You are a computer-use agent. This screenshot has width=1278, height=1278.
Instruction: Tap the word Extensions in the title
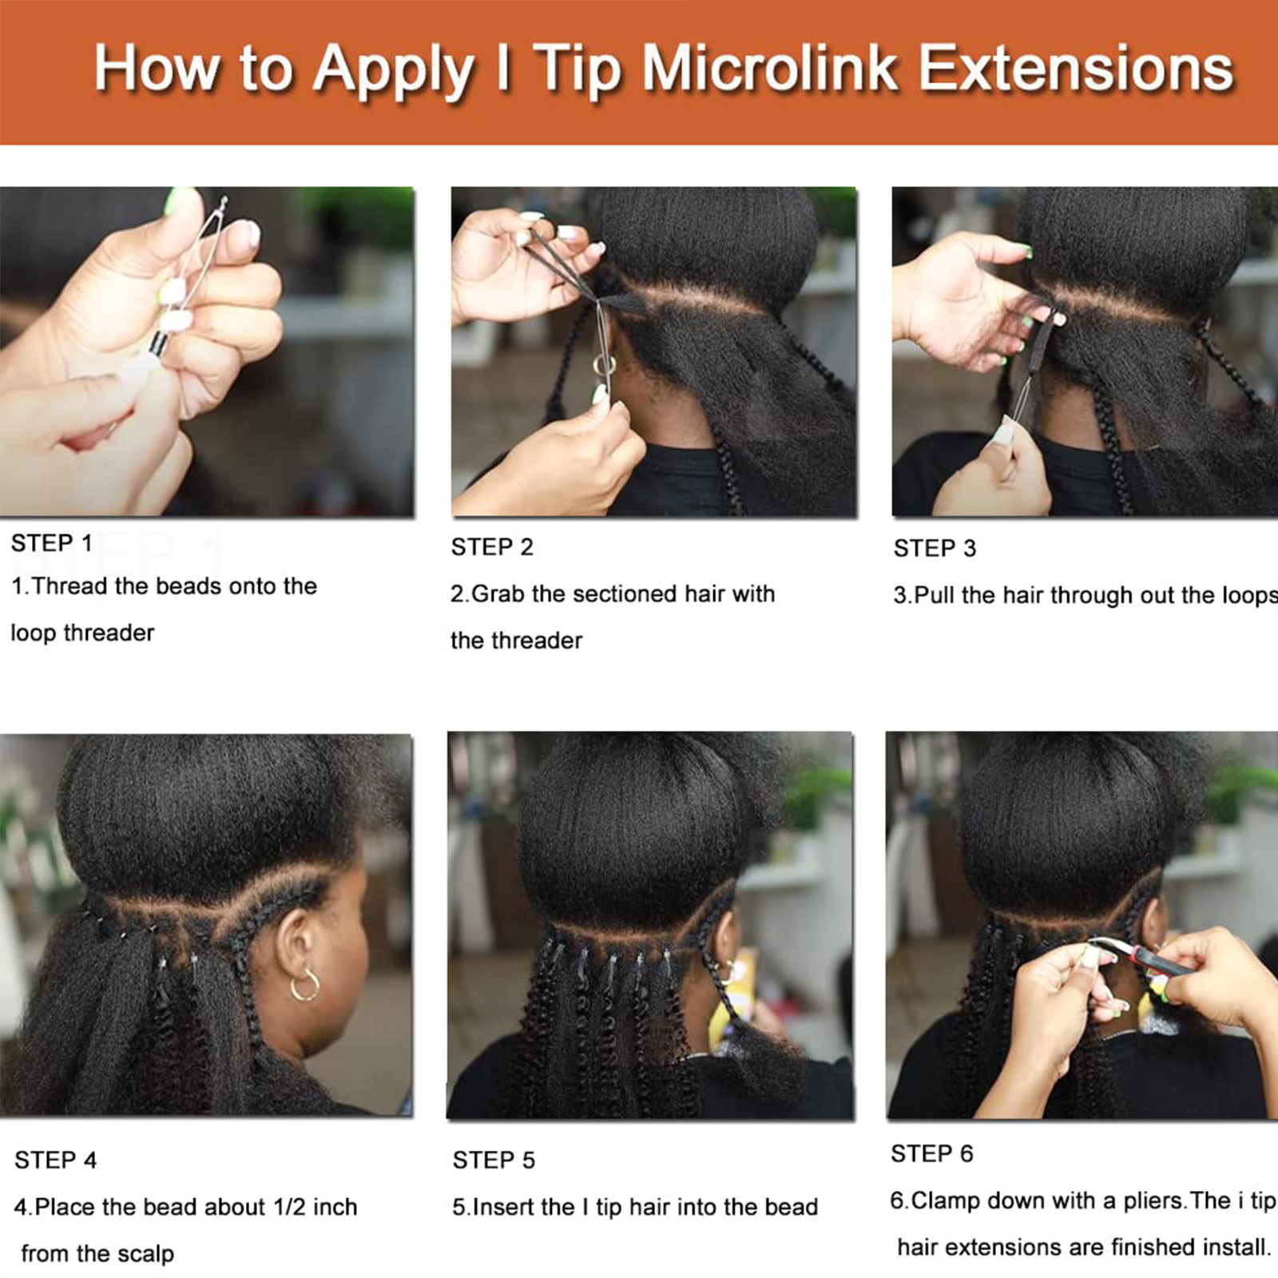click(x=1076, y=69)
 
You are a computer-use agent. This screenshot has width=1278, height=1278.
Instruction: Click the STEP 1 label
click(x=52, y=543)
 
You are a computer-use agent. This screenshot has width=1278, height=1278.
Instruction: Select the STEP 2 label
click(x=492, y=547)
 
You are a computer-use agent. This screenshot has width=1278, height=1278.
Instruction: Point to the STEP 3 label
click(x=935, y=548)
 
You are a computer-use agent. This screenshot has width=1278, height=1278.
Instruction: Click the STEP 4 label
click(x=55, y=1160)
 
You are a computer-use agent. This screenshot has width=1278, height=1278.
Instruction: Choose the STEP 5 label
click(x=494, y=1160)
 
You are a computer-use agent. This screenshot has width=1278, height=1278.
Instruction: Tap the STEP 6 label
click(x=932, y=1153)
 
